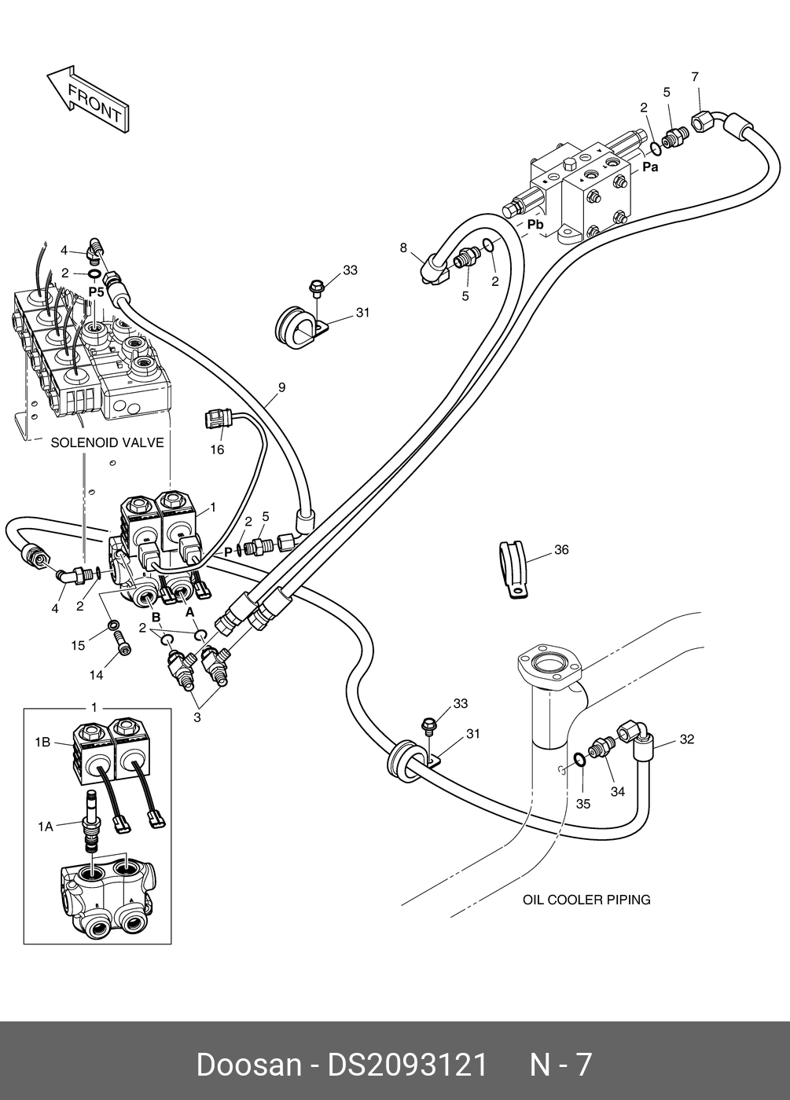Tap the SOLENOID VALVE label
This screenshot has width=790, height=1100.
(x=107, y=443)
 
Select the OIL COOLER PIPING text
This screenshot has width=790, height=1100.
(x=586, y=900)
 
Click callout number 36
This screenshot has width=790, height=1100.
(x=560, y=550)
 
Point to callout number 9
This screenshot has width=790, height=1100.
(x=281, y=387)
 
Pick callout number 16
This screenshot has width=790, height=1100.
(x=217, y=449)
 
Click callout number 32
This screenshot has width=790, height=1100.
(x=686, y=739)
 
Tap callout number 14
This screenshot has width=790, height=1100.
(x=96, y=675)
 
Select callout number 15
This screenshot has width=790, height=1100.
(x=78, y=646)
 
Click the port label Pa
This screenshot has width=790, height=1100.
(x=650, y=167)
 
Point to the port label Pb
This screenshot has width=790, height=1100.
(x=535, y=225)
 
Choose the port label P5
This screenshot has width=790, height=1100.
(x=96, y=291)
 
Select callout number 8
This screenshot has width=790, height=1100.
(x=403, y=248)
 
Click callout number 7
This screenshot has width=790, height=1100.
(x=695, y=77)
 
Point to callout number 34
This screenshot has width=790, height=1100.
(x=618, y=791)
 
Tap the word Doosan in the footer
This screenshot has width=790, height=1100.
(x=248, y=1065)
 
